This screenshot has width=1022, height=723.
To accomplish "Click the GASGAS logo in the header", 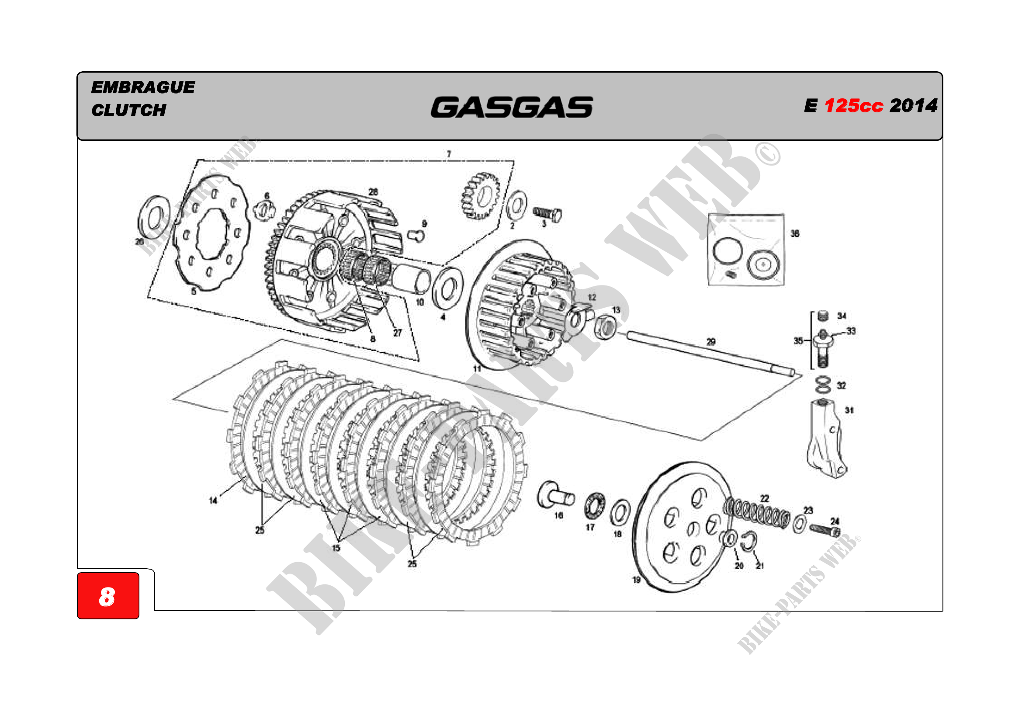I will [512, 107].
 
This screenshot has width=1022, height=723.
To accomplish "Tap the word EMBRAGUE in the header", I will [143, 87].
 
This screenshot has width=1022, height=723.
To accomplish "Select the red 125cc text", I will [853, 106].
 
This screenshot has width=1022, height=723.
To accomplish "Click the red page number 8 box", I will [108, 595].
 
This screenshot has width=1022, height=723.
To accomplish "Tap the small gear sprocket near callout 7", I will [481, 196].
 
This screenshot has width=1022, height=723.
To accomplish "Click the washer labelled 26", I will [153, 216].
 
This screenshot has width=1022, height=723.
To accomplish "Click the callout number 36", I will [794, 233].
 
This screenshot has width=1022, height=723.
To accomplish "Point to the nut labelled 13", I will [605, 328].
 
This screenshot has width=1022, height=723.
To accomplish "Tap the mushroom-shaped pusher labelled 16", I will [554, 495].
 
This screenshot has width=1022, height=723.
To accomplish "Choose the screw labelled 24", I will [825, 530].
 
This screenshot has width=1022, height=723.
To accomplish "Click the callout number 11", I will [477, 368].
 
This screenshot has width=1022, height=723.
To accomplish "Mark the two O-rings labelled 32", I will [823, 385].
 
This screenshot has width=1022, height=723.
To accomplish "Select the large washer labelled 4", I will [448, 289].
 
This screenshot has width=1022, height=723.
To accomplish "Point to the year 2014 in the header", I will [913, 106].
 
